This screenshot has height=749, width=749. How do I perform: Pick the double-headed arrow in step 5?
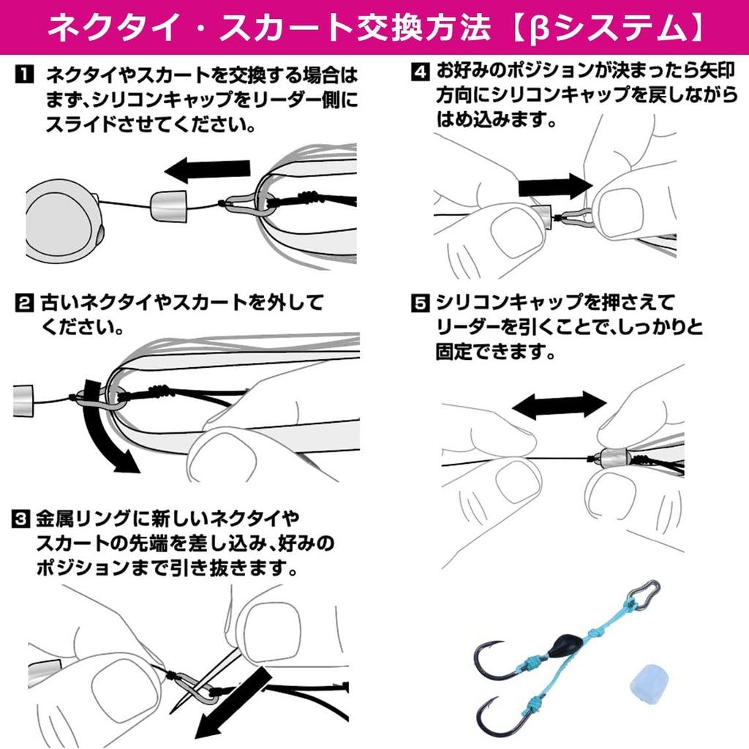click(x=559, y=403)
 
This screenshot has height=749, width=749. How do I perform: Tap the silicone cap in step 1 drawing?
click(x=167, y=206)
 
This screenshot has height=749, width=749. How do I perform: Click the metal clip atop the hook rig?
click(x=644, y=594)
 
